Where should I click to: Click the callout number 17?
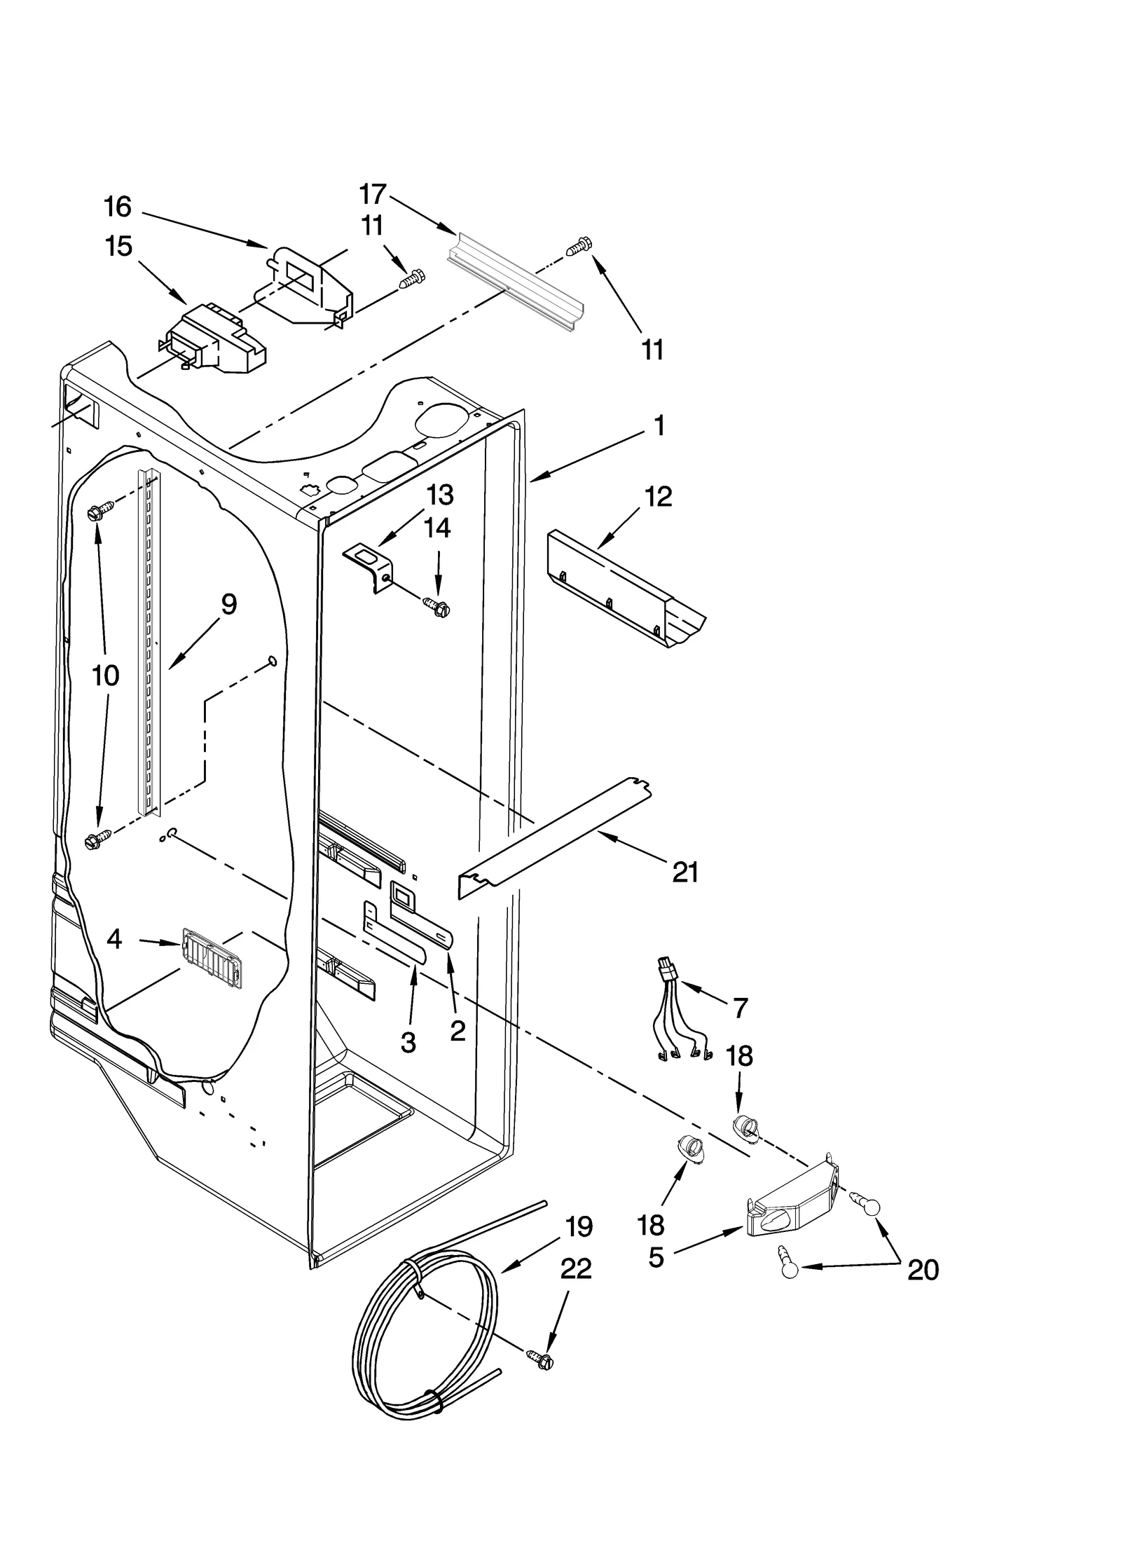(372, 193)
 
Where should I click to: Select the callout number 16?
(117, 207)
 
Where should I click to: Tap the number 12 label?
(658, 497)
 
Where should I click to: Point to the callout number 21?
(685, 872)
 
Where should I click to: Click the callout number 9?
(229, 604)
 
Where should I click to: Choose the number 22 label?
(576, 1269)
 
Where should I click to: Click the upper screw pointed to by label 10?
(96, 512)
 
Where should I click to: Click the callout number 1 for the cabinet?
(659, 425)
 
